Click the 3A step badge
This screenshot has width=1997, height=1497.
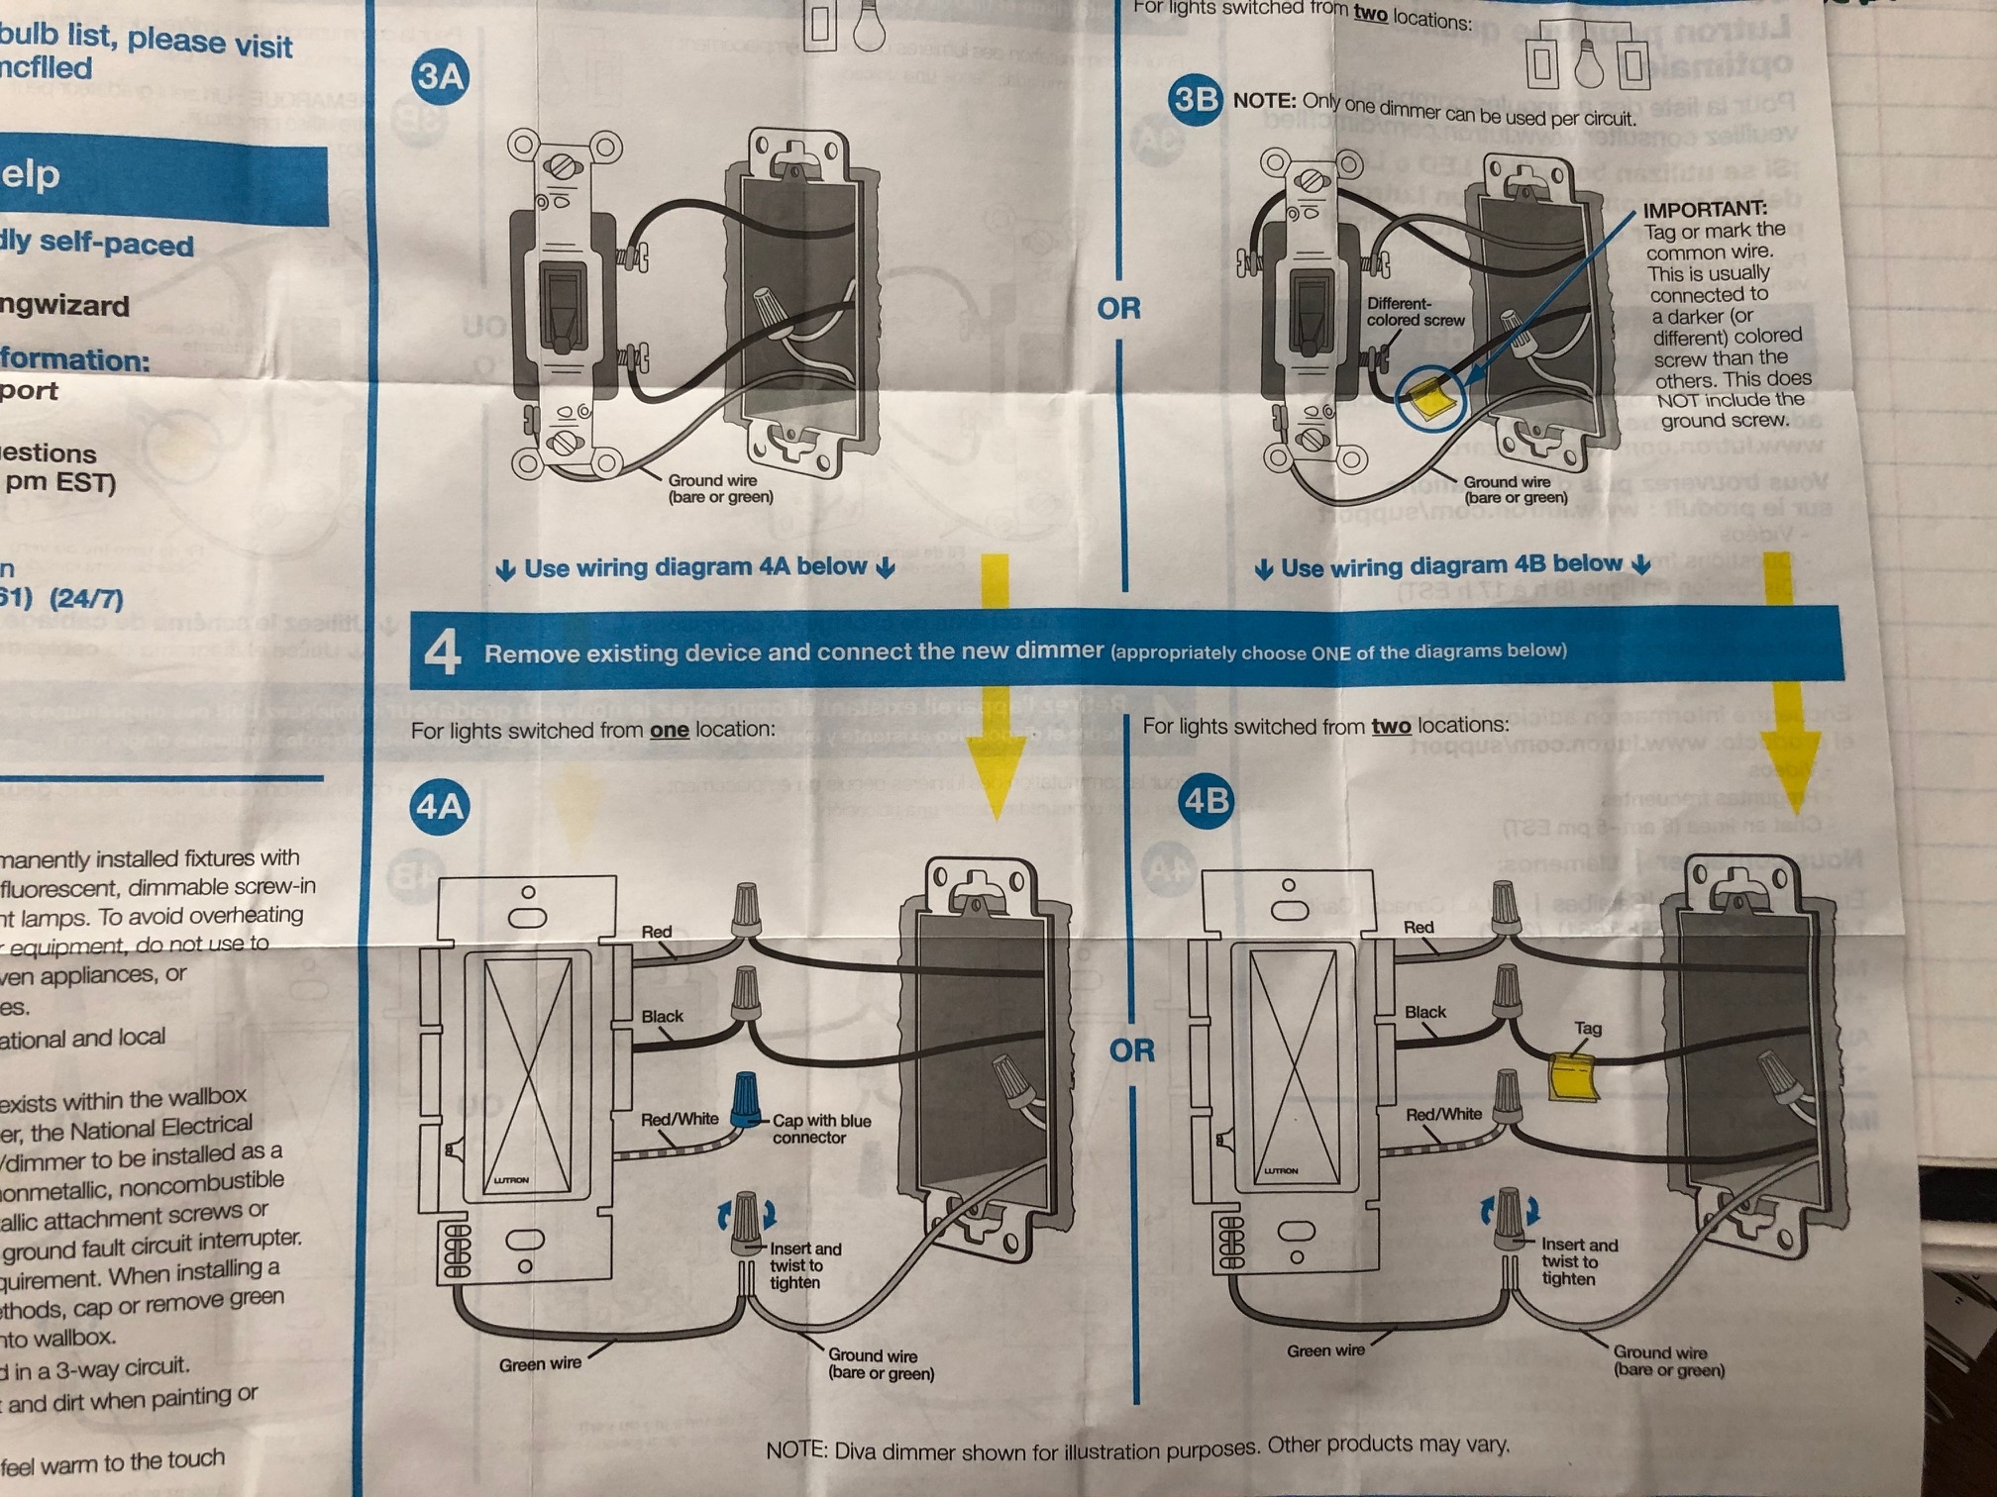pyautogui.click(x=439, y=76)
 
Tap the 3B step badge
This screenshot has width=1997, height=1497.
pyautogui.click(x=1195, y=99)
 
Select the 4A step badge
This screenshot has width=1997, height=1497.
pyautogui.click(x=439, y=807)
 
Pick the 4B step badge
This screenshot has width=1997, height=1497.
pyautogui.click(x=1206, y=799)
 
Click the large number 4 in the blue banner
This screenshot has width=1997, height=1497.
pyautogui.click(x=442, y=653)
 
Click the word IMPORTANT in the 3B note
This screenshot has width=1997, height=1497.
pyautogui.click(x=1704, y=209)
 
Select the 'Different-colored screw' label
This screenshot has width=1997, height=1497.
pyautogui.click(x=1415, y=312)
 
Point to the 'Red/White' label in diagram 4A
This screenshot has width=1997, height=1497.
pyautogui.click(x=680, y=1119)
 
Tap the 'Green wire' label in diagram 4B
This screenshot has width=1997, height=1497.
pyautogui.click(x=1325, y=1350)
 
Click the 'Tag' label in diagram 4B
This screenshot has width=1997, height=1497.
pyautogui.click(x=1588, y=1028)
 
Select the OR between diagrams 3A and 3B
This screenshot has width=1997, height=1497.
pyautogui.click(x=1118, y=309)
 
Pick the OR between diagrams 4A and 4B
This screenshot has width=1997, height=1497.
pyautogui.click(x=1131, y=1049)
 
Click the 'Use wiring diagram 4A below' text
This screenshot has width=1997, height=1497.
pyautogui.click(x=695, y=567)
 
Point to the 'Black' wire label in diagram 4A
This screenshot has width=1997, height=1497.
pyautogui.click(x=662, y=1016)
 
